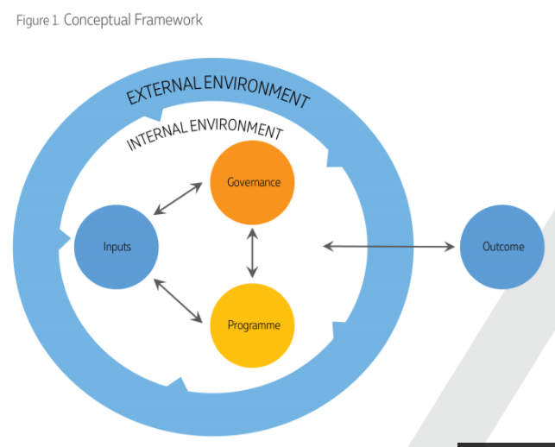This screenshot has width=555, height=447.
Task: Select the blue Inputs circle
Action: tap(117, 247)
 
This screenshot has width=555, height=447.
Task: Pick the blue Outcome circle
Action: tap(502, 247)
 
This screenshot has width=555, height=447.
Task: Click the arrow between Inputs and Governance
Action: tap(178, 198)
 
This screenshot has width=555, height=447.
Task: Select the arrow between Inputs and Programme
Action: tap(178, 300)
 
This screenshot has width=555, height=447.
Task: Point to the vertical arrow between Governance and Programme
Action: tap(252, 252)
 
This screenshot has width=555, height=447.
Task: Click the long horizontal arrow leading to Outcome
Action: tap(388, 247)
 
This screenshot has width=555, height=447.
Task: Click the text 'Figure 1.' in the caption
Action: tap(38, 20)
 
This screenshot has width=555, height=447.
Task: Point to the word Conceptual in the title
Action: tap(97, 19)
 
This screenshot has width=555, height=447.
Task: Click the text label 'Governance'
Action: tap(252, 182)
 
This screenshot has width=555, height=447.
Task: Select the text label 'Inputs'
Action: tap(117, 247)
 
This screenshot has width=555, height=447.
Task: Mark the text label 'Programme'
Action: tap(252, 325)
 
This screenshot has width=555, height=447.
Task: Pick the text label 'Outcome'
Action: tap(502, 247)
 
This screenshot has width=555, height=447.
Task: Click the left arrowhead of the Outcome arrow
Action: tap(328, 247)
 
